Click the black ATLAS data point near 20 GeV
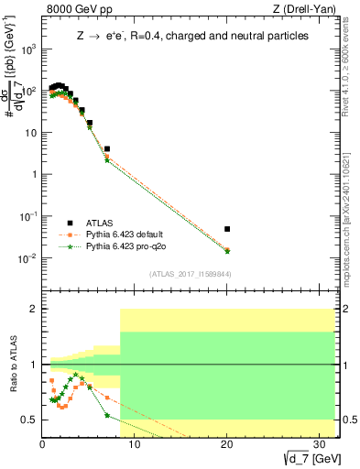tap(227, 229)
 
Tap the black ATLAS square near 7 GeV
tap(107, 148)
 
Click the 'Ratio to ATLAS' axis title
tap(12, 364)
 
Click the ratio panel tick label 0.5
tap(27, 420)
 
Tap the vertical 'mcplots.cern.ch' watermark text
tap(351, 211)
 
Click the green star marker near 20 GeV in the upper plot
tap(227, 251)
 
